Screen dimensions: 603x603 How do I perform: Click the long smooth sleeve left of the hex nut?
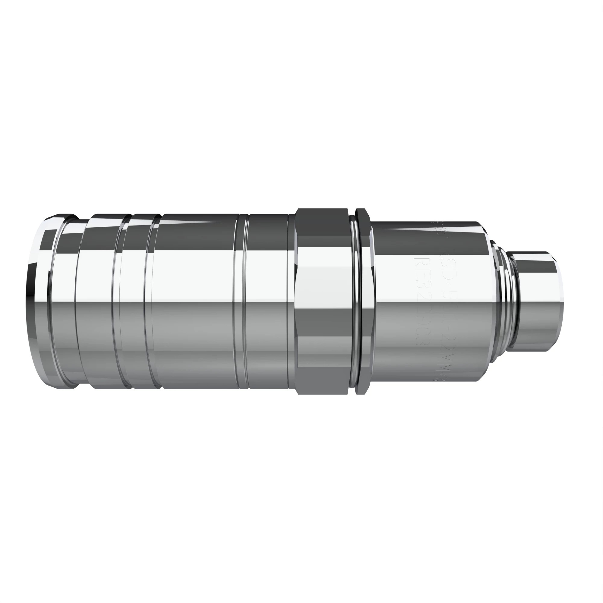point(197,301)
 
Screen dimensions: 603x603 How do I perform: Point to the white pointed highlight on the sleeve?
point(194,222)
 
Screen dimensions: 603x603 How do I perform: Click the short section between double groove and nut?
point(268,301)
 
